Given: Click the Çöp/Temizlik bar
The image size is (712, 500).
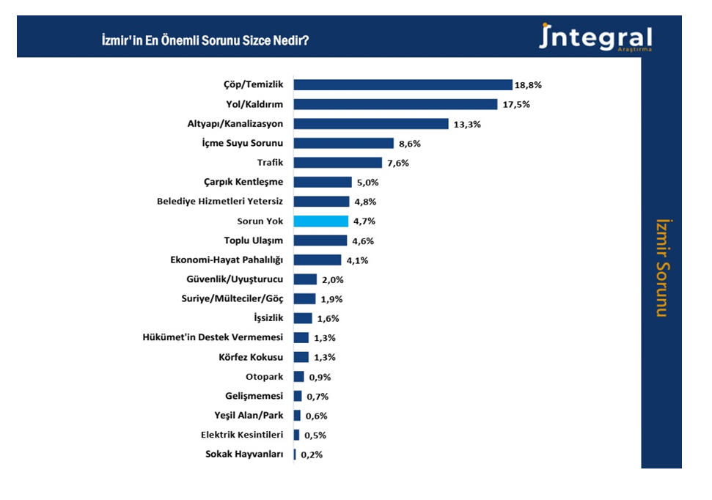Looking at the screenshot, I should (403, 85).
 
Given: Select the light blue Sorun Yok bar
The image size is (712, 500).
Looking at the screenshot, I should (320, 221).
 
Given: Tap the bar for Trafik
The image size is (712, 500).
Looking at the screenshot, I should (338, 163).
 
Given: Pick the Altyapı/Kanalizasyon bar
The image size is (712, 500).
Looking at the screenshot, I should (371, 124).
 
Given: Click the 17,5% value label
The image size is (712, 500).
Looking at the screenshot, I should (515, 104).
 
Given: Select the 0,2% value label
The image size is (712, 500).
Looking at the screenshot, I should (312, 455).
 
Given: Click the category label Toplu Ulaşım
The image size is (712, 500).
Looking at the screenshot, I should (253, 240).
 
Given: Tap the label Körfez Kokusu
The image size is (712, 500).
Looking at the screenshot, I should (251, 357).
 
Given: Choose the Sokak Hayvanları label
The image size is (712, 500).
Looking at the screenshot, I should (244, 455).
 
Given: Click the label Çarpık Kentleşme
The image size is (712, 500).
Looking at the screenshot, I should (243, 182).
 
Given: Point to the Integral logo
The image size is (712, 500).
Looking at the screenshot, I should (595, 37).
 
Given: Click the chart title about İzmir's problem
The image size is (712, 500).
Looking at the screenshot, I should (205, 40).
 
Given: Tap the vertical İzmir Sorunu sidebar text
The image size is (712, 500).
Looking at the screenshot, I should (662, 267).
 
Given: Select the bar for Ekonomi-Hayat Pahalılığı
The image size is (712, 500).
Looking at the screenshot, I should (318, 260).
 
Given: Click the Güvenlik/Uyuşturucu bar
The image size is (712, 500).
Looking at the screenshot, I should (305, 279).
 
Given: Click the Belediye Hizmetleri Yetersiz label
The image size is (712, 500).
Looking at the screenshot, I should (220, 202).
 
